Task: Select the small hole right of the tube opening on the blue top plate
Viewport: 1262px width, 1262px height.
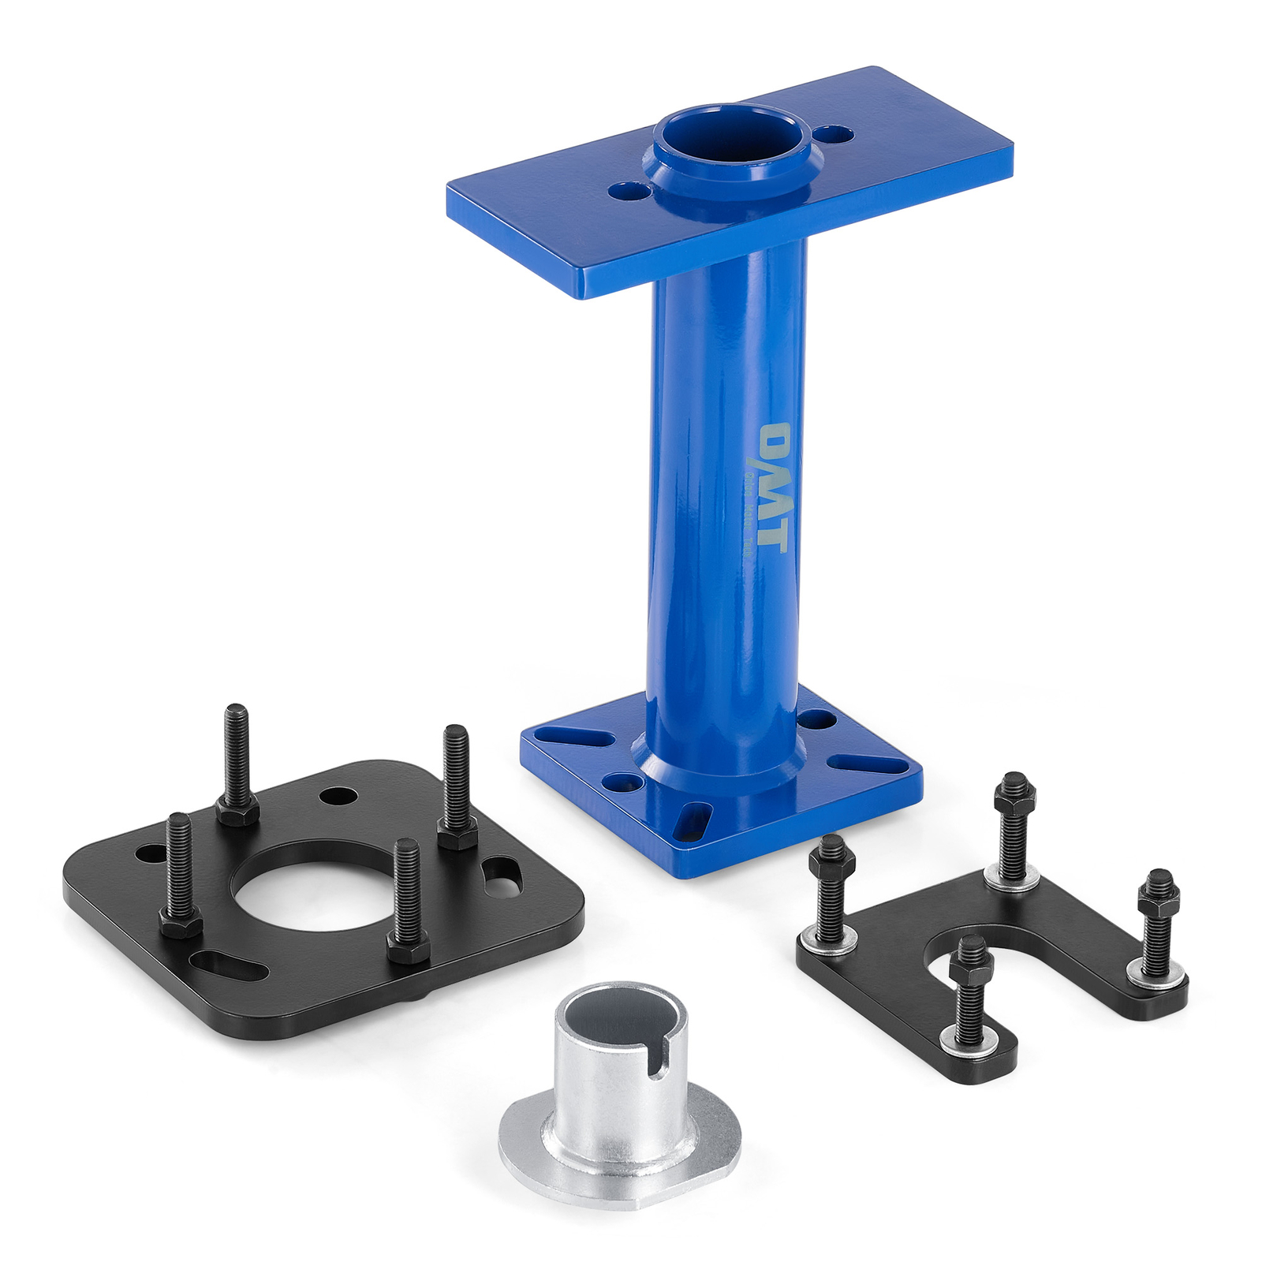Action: pyautogui.click(x=834, y=134)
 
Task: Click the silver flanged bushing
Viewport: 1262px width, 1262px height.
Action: pyautogui.click(x=618, y=1096)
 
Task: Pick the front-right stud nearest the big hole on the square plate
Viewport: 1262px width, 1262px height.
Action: pyautogui.click(x=407, y=899)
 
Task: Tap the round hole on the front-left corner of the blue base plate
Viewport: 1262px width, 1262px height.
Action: pyautogui.click(x=621, y=782)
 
